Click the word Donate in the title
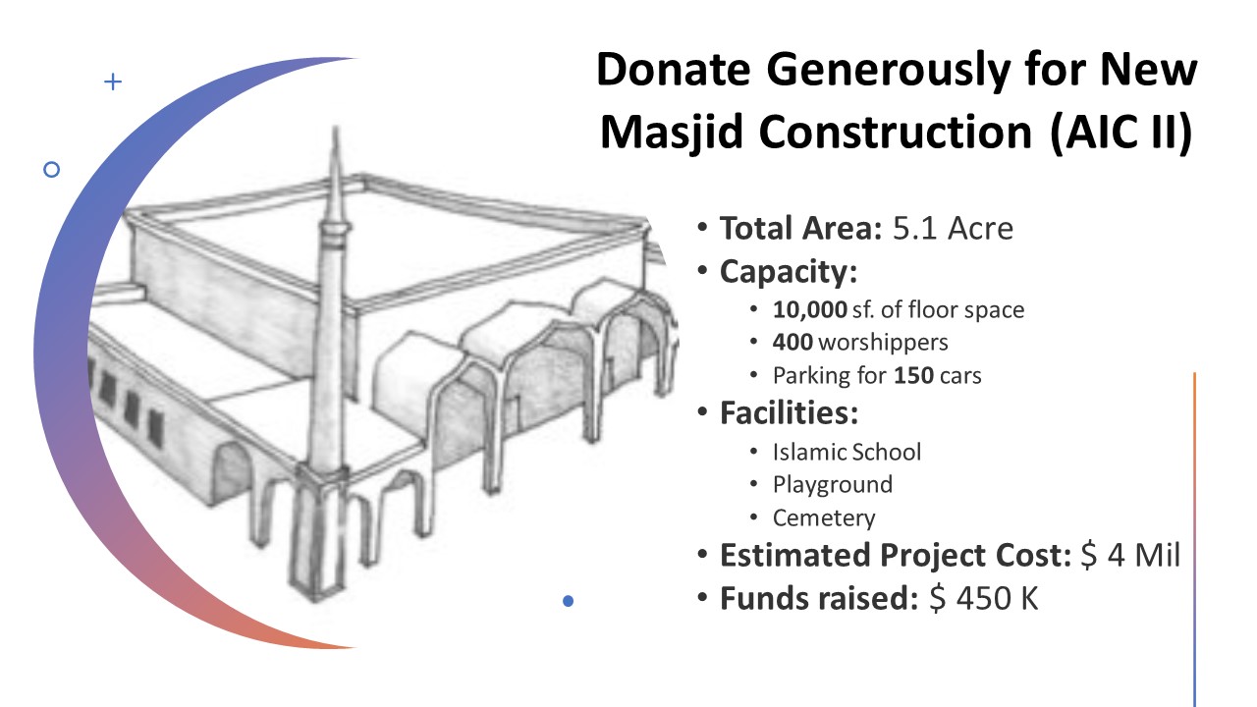(x=674, y=69)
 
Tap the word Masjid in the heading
(x=673, y=133)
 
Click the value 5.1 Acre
(x=953, y=229)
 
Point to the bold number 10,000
(x=810, y=309)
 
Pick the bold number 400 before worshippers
(x=792, y=342)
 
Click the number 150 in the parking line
(x=913, y=375)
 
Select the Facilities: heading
(x=789, y=413)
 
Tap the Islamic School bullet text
(x=847, y=452)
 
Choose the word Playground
(x=832, y=485)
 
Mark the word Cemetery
(x=824, y=517)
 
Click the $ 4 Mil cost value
(x=1130, y=555)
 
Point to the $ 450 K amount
(x=984, y=598)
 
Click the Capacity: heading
(x=789, y=273)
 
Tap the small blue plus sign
(x=113, y=82)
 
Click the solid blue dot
(x=568, y=601)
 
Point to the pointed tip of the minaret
(x=336, y=127)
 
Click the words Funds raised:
(x=819, y=598)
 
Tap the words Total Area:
(x=801, y=229)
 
